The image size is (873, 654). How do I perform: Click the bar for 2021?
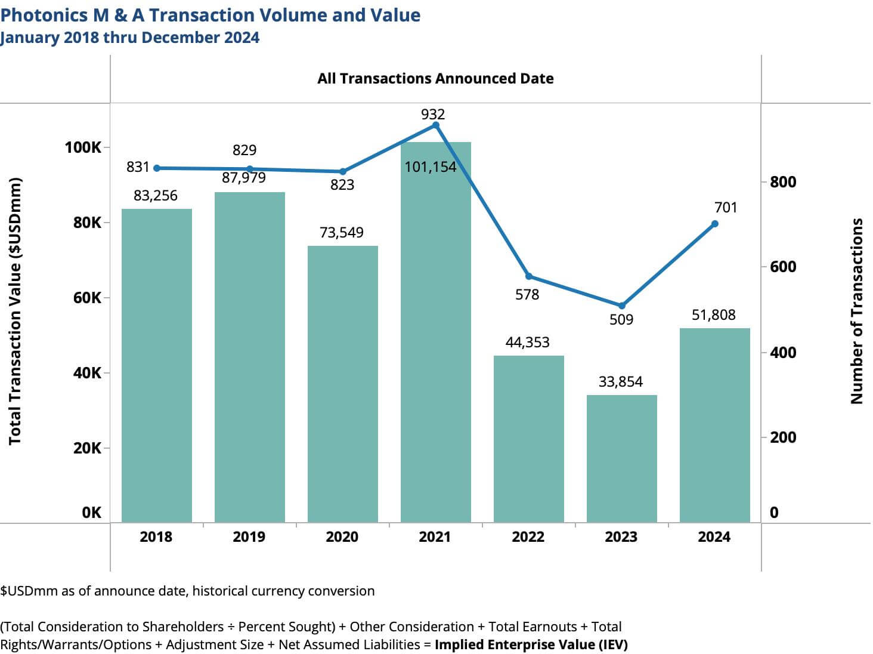[x=435, y=334]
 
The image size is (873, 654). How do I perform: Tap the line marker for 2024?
[x=714, y=224]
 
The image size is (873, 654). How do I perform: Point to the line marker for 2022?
[x=528, y=276]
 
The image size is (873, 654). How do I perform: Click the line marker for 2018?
[x=157, y=168]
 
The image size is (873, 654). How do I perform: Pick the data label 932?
[x=433, y=114]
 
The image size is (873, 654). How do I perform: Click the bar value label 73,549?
[x=342, y=232]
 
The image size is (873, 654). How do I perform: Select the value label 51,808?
[x=713, y=314]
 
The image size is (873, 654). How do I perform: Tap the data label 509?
[x=621, y=320]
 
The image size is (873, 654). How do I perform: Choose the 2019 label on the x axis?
[x=249, y=537]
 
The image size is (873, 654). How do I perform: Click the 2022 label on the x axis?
[x=528, y=537]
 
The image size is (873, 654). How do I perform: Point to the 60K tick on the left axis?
[x=88, y=298]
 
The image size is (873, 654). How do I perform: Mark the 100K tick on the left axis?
[x=83, y=147]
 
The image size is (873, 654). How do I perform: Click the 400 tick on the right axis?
[x=782, y=352]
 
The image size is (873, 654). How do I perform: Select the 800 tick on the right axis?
[x=782, y=182]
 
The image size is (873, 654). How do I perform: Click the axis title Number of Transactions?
[x=856, y=311]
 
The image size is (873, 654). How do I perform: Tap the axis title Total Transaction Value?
[x=15, y=311]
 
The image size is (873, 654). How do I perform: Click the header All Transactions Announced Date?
[x=435, y=79]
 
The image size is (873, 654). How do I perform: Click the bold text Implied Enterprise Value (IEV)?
[x=531, y=644]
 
